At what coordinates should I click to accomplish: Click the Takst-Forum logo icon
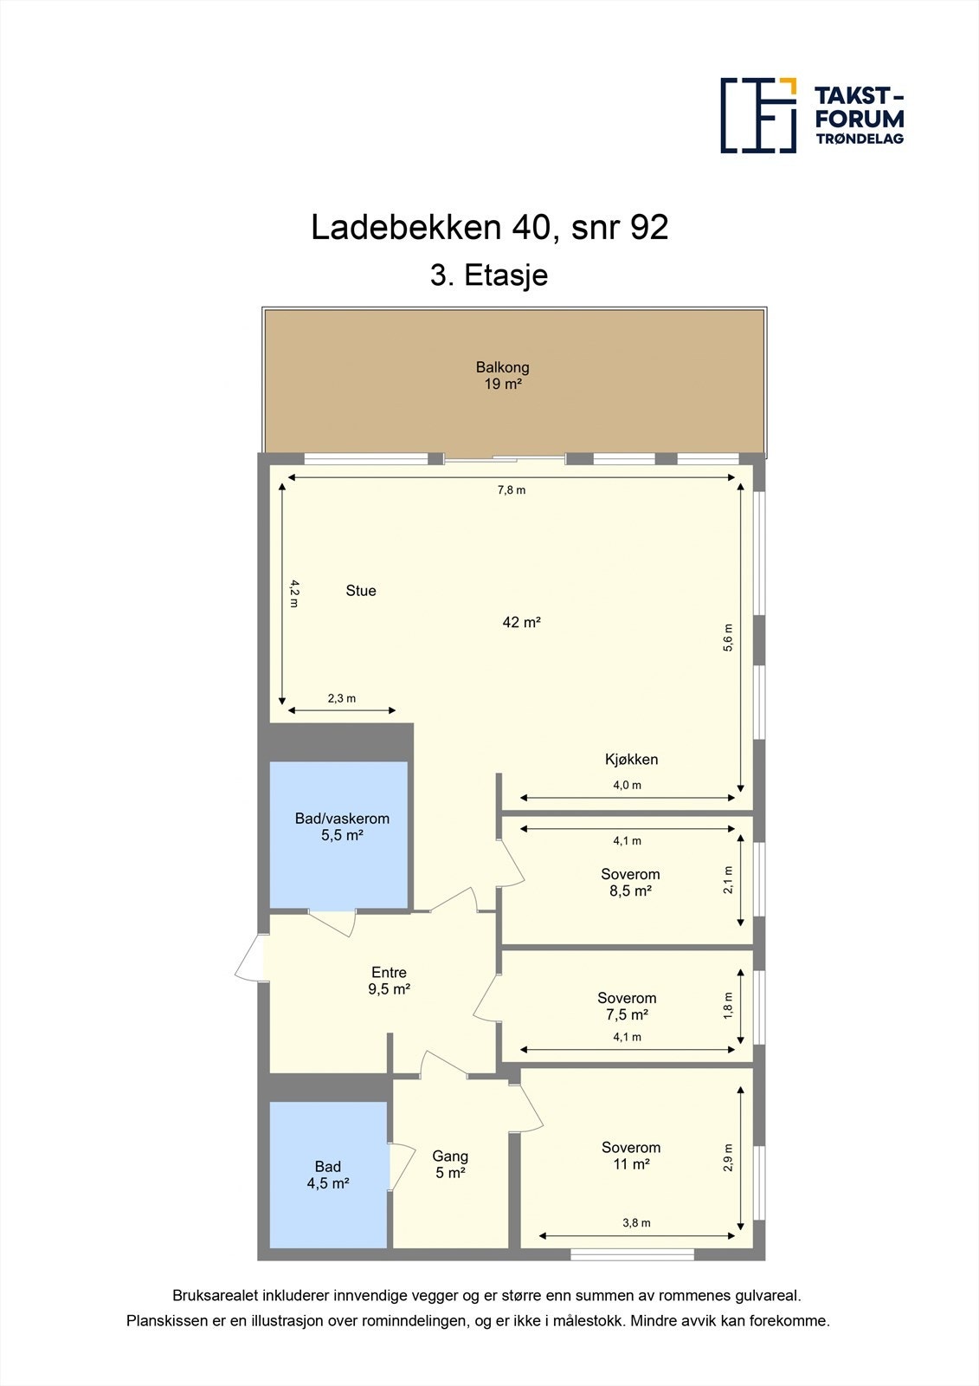click(758, 115)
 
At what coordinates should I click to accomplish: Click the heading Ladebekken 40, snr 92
click(489, 228)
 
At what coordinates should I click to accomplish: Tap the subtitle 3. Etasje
click(489, 275)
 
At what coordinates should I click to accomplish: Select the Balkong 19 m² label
click(502, 375)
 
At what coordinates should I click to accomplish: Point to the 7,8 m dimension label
click(511, 490)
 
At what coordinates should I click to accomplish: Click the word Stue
click(361, 591)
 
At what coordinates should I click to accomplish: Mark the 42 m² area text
click(521, 622)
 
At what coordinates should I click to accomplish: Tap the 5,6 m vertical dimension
click(728, 637)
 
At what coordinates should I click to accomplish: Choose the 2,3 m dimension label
click(341, 698)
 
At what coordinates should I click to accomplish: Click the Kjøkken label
click(631, 760)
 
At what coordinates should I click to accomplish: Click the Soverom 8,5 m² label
click(630, 882)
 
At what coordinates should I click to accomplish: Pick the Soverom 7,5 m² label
click(627, 1006)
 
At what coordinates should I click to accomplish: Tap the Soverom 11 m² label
click(631, 1156)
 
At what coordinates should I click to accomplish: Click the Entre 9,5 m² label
click(389, 981)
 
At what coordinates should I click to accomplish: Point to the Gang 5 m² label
click(450, 1164)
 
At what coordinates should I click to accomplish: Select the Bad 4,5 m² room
click(328, 1175)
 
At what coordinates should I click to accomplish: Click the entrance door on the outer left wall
click(251, 958)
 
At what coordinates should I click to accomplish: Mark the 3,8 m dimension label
click(636, 1223)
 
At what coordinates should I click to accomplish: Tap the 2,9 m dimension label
click(728, 1157)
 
